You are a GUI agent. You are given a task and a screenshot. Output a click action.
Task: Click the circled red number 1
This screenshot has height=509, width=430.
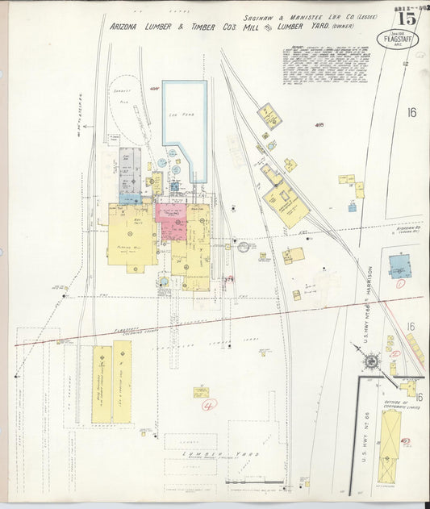click(399, 283)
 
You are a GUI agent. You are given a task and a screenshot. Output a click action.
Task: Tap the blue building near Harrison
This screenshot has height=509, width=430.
click(399, 266)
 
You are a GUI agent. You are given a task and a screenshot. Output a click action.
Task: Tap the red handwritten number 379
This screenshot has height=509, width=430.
click(228, 278)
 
